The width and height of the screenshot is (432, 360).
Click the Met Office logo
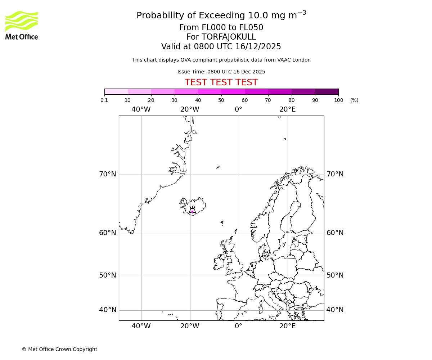point(22,25)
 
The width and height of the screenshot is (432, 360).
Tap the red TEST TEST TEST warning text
point(221,83)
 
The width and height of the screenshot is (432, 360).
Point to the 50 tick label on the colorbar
point(221,100)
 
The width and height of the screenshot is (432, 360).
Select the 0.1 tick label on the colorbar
point(104,100)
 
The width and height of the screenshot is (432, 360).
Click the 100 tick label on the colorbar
point(338,100)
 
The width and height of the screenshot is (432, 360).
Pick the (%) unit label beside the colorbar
point(354,100)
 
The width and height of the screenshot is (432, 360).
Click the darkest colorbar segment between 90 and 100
point(327,91)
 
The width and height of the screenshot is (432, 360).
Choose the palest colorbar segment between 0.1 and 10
point(116,91)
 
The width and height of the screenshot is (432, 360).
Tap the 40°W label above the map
point(141,109)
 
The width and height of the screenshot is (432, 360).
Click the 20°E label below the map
point(287,326)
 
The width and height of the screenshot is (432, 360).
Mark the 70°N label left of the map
point(108,174)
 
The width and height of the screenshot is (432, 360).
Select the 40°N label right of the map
point(335,310)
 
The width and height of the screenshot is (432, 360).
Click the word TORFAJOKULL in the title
point(229,37)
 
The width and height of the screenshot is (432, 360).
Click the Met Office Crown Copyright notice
point(59,349)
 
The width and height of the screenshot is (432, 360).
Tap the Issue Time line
point(221,72)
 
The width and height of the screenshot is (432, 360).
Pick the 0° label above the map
point(238,109)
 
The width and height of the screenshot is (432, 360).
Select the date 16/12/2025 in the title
point(258,47)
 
